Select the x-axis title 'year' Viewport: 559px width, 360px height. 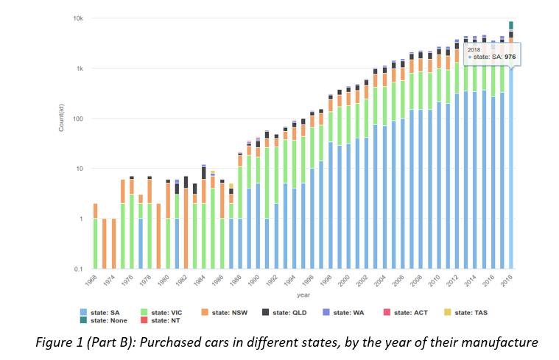click(304, 294)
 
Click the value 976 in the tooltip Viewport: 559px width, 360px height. click(508, 56)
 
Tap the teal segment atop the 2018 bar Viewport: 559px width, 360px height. click(511, 25)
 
